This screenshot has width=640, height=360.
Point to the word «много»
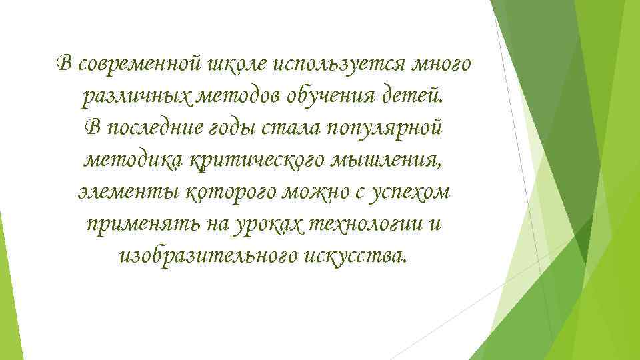coord(442,64)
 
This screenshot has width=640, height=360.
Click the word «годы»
coord(235,128)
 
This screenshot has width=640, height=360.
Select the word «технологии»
coord(360,224)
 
